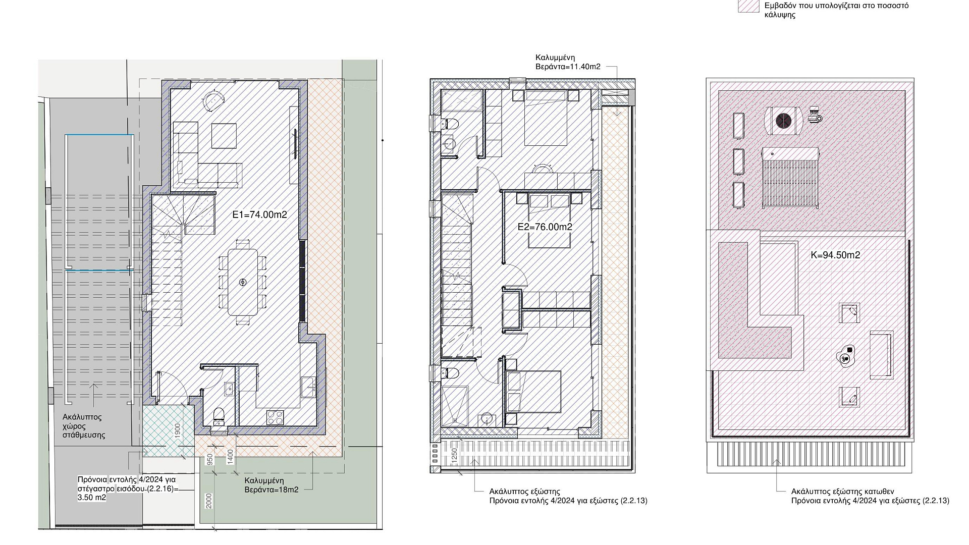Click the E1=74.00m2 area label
click(259, 214)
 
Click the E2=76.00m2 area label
click(545, 227)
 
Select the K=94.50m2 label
click(835, 255)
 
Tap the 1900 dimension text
click(178, 431)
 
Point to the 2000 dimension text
click(209, 501)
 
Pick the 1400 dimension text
click(231, 457)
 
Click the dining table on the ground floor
click(243, 283)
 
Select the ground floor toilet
click(219, 414)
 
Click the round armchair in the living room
click(212, 100)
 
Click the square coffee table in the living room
click(224, 135)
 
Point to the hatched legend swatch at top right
click(748, 6)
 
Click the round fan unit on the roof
click(783, 121)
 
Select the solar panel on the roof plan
click(790, 178)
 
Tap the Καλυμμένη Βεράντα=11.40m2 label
click(568, 62)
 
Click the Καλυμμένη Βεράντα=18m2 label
click(271, 485)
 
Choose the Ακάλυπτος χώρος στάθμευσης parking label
click(84, 426)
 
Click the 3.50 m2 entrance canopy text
click(92, 498)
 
